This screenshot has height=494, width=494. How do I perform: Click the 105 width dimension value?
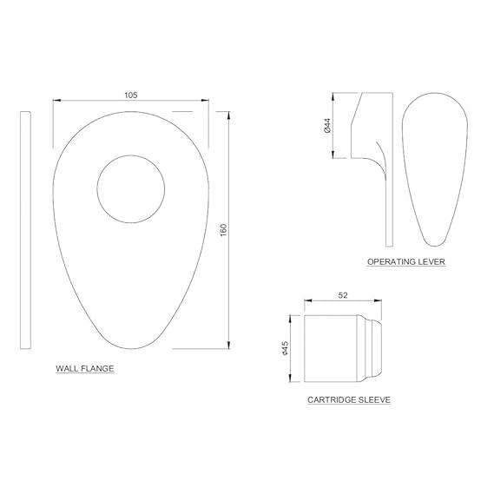[x=131, y=95]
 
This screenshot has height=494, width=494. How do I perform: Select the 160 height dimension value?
[x=223, y=230]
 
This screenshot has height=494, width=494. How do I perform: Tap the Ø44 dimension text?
[x=327, y=125]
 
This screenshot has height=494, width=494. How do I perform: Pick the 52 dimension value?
[x=343, y=295]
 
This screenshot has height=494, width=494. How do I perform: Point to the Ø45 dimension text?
[x=285, y=348]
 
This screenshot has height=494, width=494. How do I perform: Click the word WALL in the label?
[x=67, y=368]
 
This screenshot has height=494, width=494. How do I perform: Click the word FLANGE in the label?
[x=97, y=368]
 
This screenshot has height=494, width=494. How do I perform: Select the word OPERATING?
[x=392, y=261]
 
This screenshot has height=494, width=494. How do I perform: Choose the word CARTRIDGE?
[x=332, y=399]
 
